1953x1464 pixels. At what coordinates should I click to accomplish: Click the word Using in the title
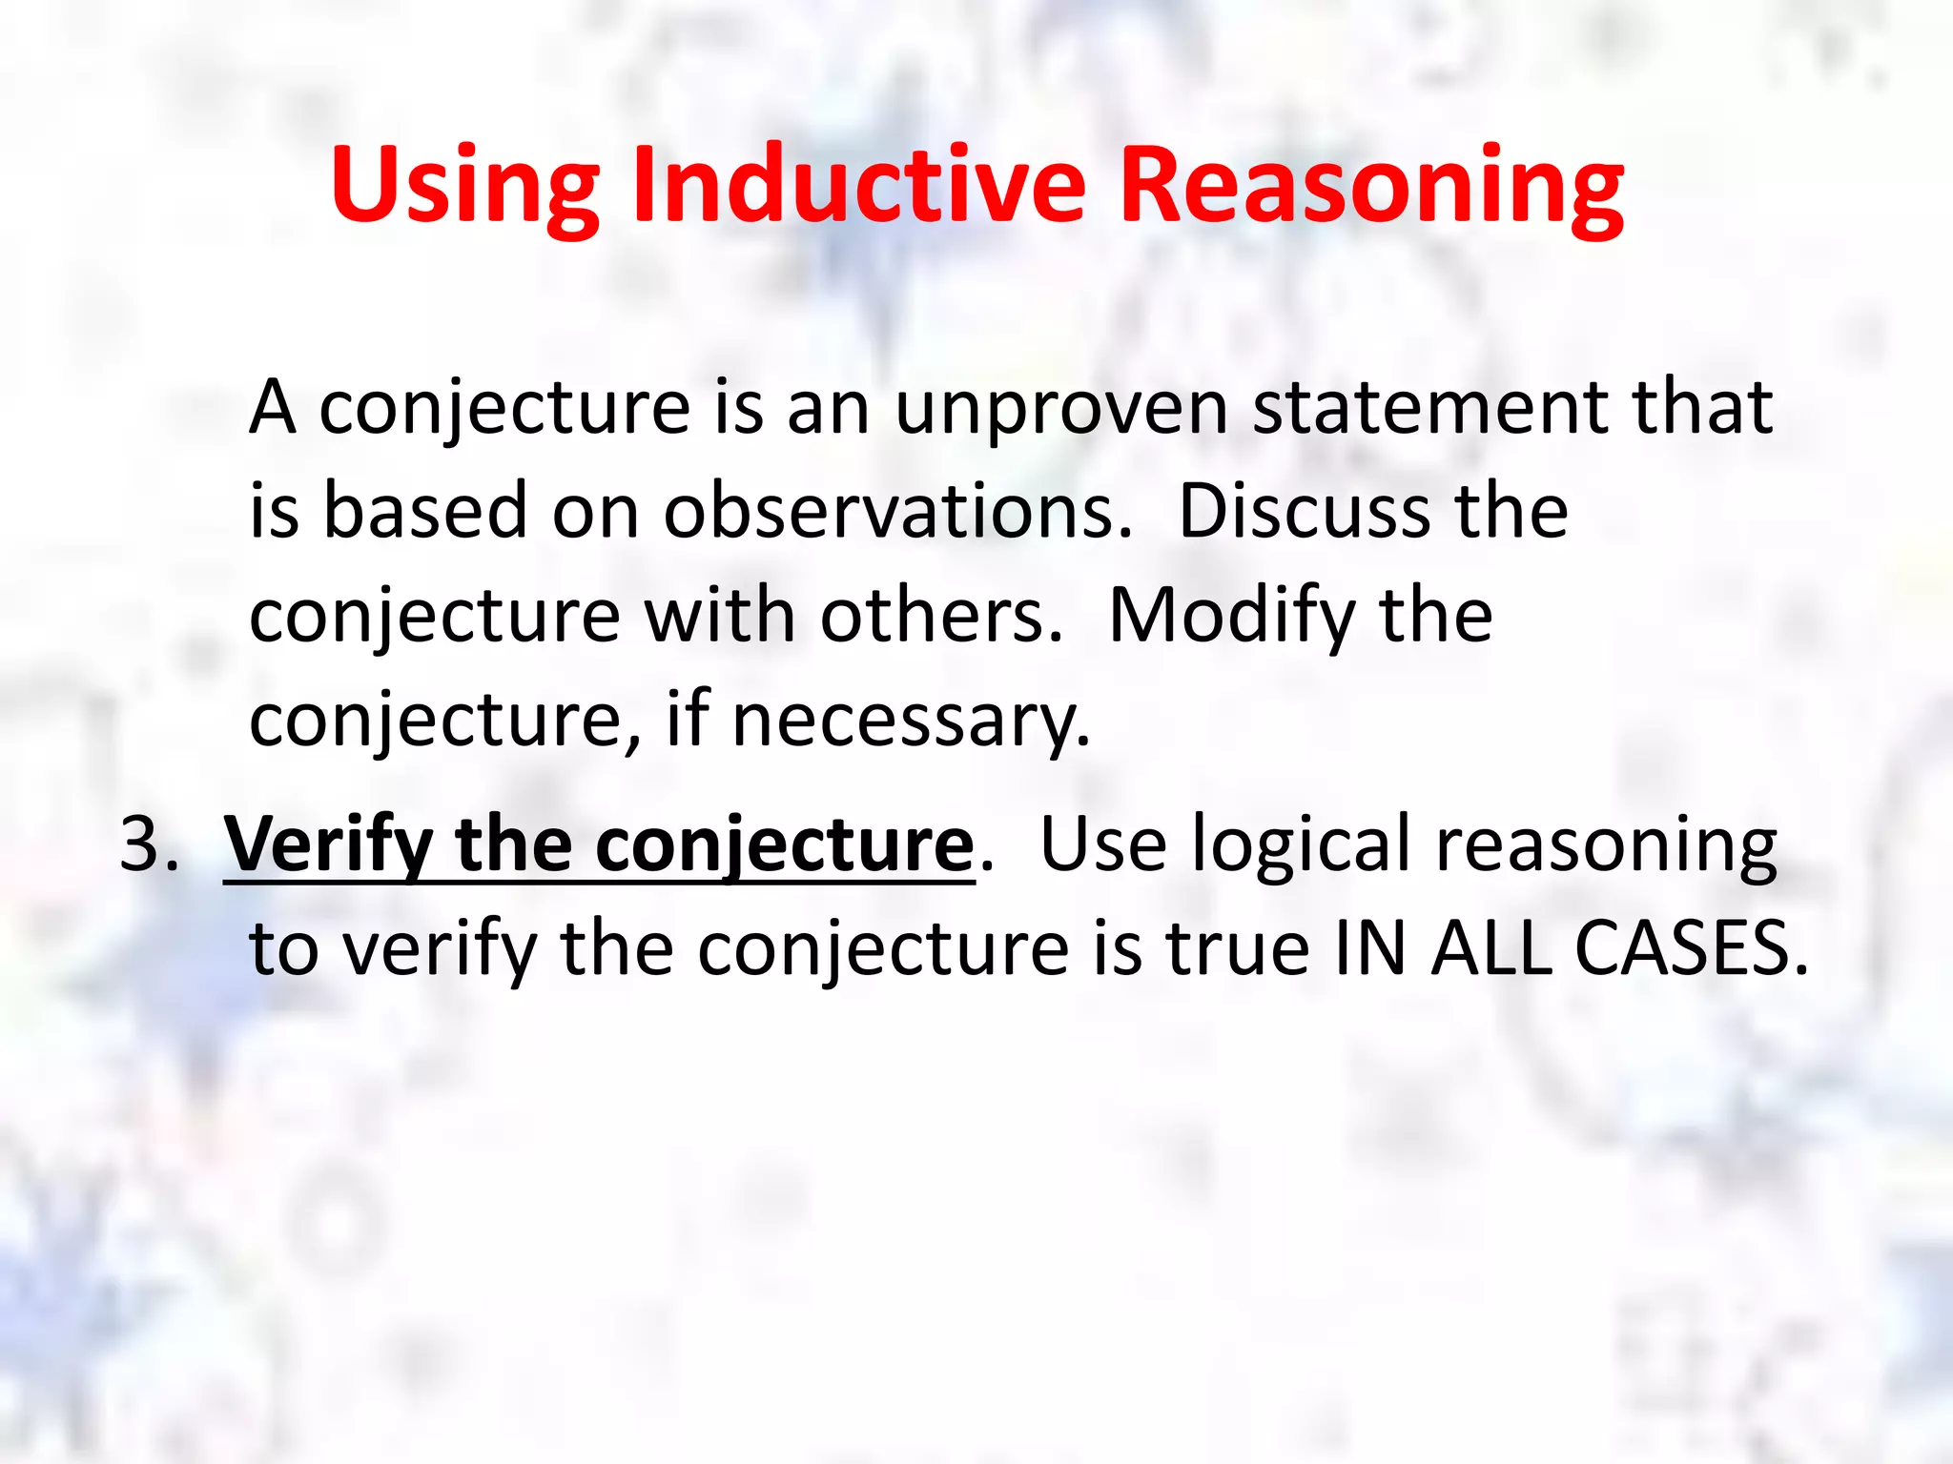coord(464,186)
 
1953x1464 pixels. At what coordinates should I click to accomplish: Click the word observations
coord(897,512)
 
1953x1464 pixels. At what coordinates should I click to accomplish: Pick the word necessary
coord(911,722)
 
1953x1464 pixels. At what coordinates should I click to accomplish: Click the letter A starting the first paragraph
coord(272,408)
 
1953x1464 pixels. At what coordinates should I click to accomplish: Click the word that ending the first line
coord(1702,408)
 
